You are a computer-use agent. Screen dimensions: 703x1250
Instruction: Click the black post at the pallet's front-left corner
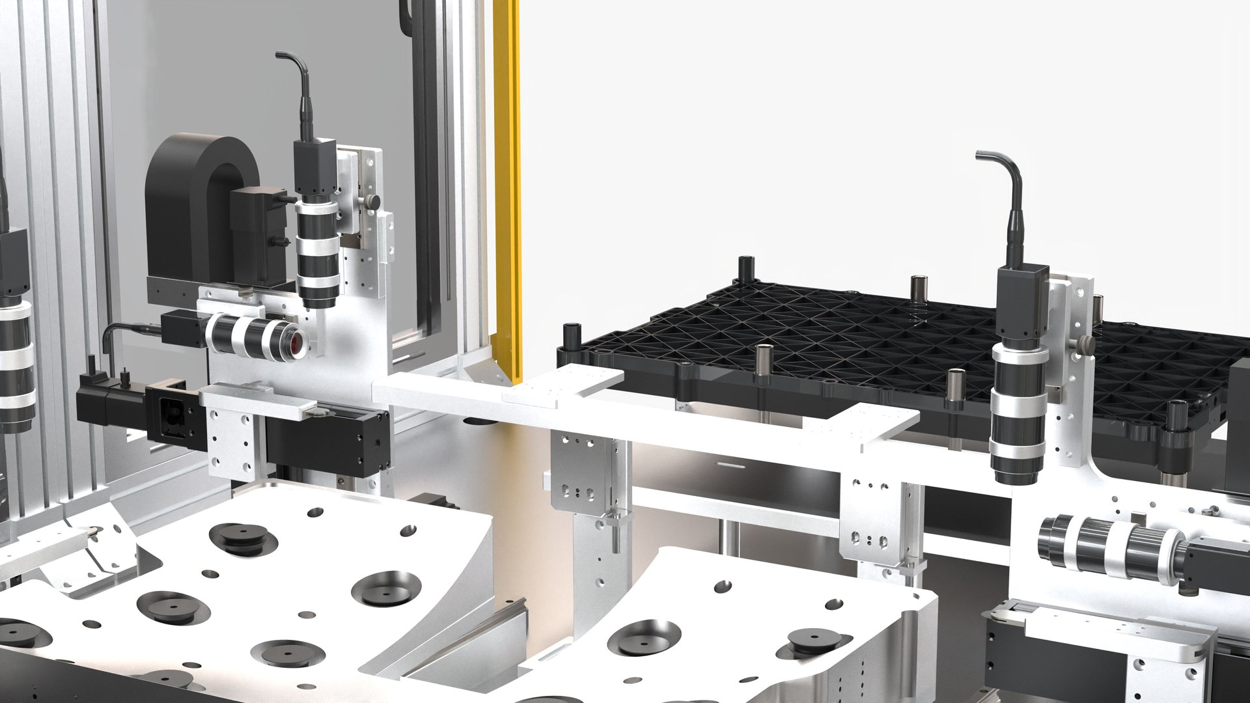pyautogui.click(x=572, y=336)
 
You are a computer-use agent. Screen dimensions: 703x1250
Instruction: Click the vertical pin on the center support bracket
pyautogui.click(x=613, y=531)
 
